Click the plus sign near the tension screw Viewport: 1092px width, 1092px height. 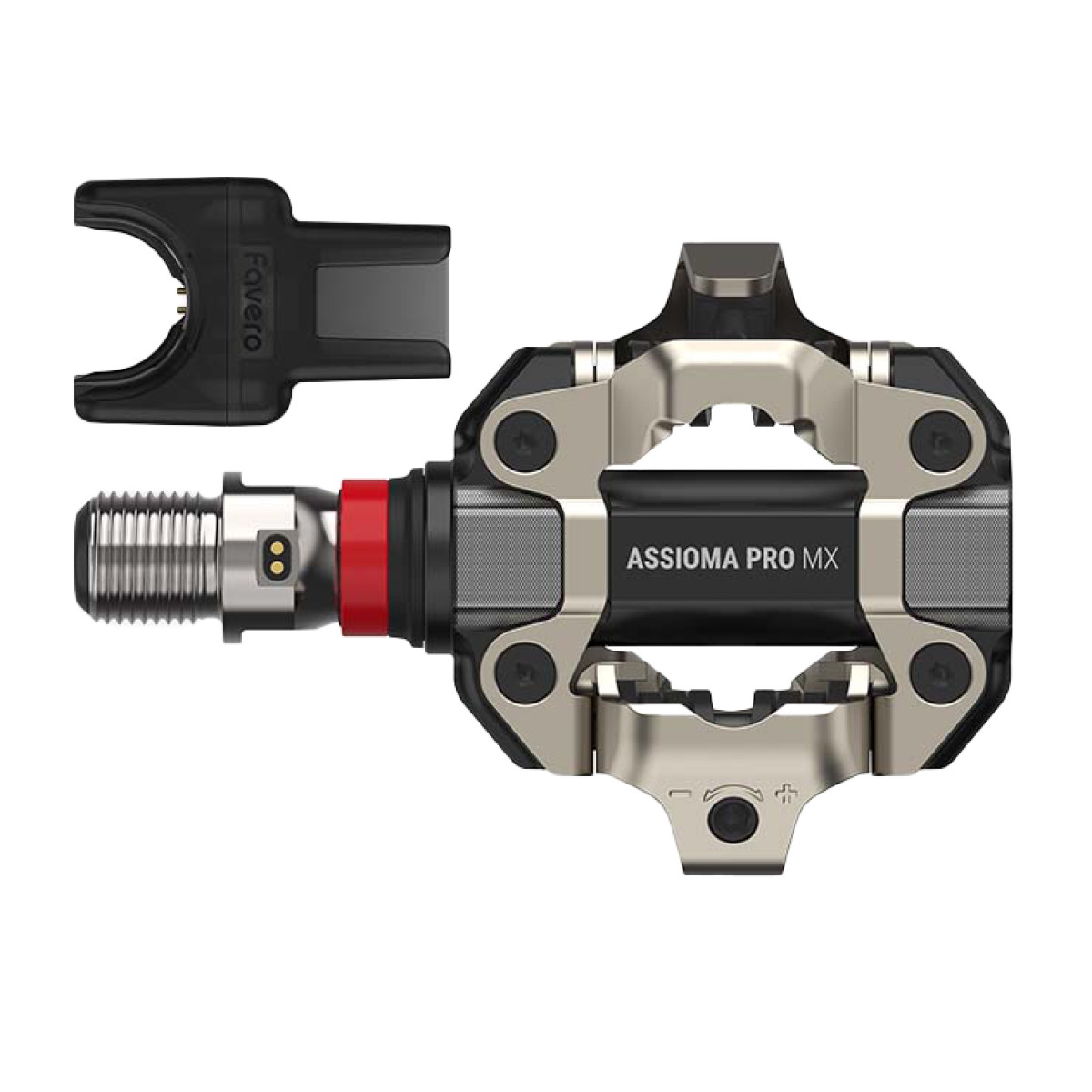coord(780,794)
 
